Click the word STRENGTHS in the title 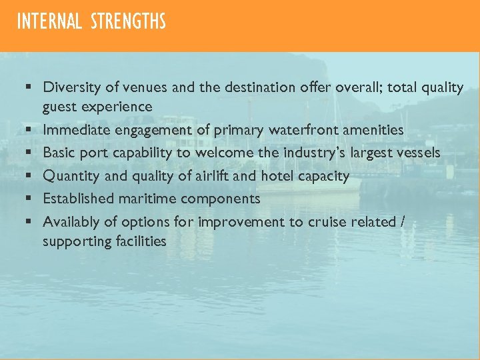click(128, 22)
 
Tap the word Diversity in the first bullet click(69, 87)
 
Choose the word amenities click(373, 130)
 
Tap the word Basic click(59, 153)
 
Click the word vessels click(417, 153)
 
